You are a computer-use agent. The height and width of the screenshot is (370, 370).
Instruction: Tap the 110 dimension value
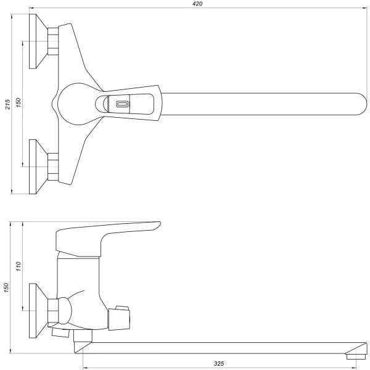pyautogui.click(x=18, y=267)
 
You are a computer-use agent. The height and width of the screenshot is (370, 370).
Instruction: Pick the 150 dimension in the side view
pyautogui.click(x=7, y=287)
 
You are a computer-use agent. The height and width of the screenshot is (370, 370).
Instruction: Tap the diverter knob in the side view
pyautogui.click(x=121, y=316)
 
